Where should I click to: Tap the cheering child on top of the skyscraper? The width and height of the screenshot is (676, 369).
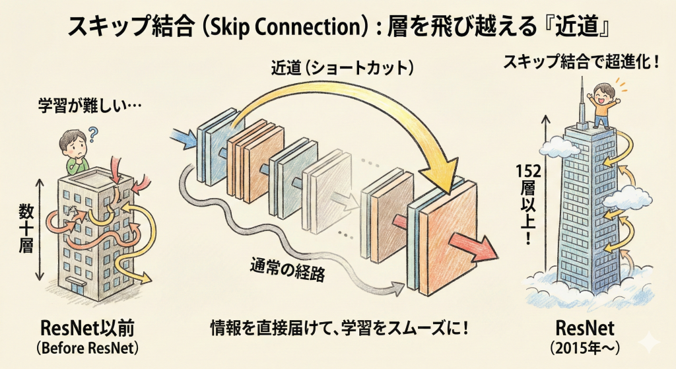pyautogui.click(x=601, y=103)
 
